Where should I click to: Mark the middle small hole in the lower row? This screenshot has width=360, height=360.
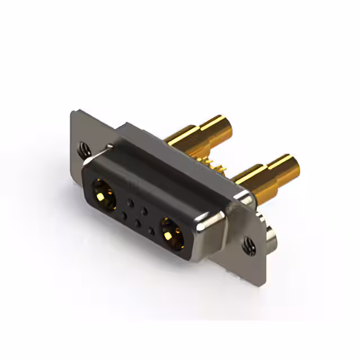(138, 222)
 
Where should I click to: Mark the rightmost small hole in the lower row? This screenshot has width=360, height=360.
(151, 229)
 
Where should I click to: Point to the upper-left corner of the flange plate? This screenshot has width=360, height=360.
(73, 112)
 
